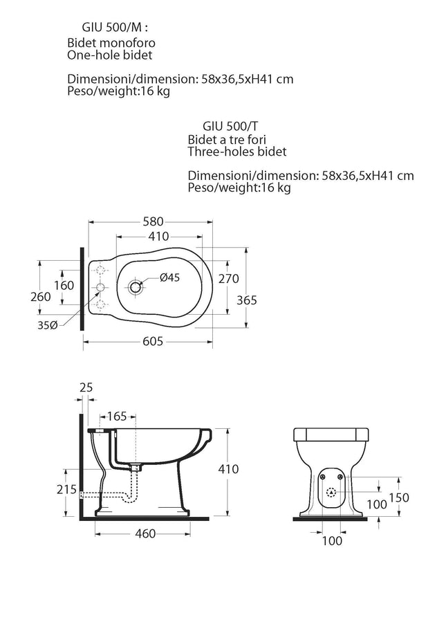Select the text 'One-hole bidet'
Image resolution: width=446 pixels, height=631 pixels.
[x=109, y=55]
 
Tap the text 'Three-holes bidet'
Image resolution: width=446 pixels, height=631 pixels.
[x=236, y=152]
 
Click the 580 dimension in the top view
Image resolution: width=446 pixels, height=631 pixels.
[x=152, y=222]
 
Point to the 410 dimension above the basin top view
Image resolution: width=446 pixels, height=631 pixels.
[x=158, y=236]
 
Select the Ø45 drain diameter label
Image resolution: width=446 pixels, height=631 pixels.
[x=169, y=277]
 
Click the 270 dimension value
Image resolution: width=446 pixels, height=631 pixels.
[x=228, y=279]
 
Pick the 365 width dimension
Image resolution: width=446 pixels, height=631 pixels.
[x=246, y=300]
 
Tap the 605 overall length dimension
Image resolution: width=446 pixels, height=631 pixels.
[x=152, y=340]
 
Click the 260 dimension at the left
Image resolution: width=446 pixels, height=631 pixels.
[x=41, y=296]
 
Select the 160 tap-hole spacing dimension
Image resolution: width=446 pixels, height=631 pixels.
[x=63, y=285]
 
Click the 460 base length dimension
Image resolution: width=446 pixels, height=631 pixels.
[x=145, y=533]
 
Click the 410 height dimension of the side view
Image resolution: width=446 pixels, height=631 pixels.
[x=228, y=469]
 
